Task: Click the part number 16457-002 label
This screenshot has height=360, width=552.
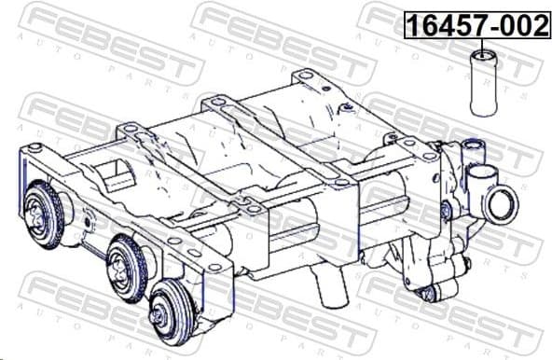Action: [476, 25]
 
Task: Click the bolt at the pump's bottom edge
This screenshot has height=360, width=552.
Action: [429, 295]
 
